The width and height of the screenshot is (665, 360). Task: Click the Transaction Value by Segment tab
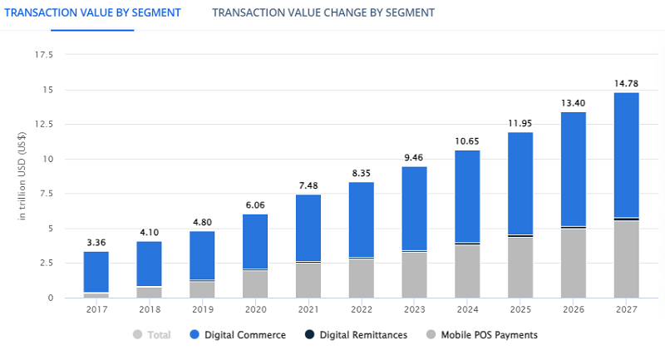(92, 12)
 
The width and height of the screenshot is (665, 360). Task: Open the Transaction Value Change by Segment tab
(323, 12)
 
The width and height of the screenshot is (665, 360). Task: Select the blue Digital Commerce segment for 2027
(627, 155)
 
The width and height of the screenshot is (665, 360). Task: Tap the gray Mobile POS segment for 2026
(574, 263)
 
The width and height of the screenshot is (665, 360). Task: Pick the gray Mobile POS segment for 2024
(467, 271)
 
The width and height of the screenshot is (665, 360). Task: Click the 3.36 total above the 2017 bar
(96, 242)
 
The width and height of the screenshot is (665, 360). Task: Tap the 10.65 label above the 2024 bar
(467, 141)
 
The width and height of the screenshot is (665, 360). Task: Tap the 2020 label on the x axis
(255, 309)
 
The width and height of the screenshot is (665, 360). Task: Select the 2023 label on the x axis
(414, 309)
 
